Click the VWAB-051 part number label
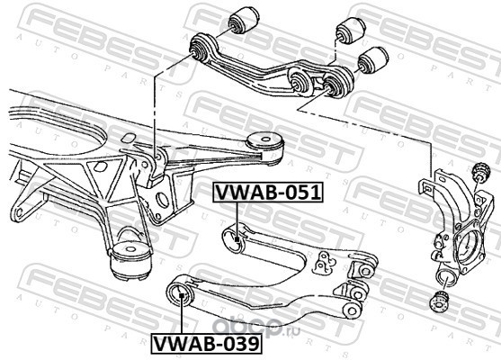268,193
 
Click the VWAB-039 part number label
206,344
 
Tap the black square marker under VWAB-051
237,239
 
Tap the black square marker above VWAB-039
181,295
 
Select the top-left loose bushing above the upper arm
244,20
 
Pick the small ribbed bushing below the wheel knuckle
439,301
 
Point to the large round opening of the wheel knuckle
469,245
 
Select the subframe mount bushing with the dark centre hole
264,148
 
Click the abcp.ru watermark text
256,328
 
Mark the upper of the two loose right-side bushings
351,31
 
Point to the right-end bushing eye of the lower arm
352,310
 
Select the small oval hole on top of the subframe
129,138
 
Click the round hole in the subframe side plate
164,200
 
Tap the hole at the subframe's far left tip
19,212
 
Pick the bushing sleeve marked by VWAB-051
234,238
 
